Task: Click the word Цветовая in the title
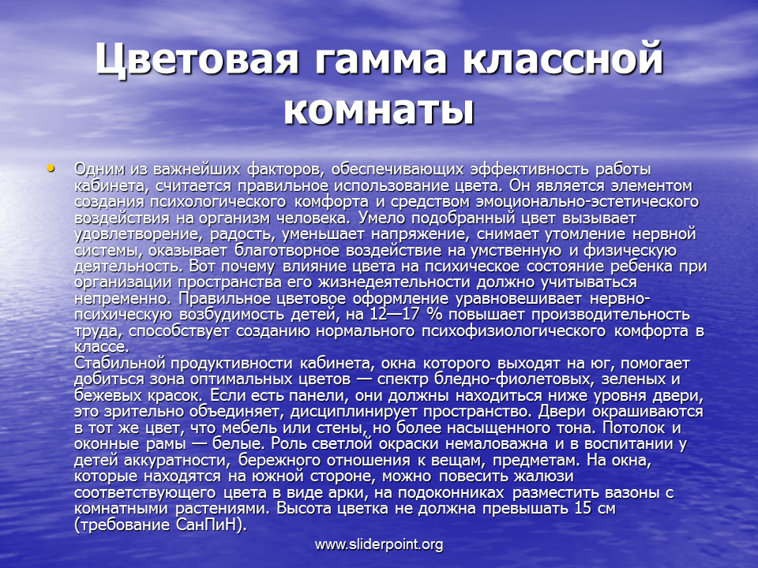[197, 59]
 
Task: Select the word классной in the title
[563, 59]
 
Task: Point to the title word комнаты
[379, 111]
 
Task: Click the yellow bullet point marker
[51, 168]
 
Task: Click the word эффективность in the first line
[529, 170]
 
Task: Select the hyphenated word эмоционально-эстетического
[587, 202]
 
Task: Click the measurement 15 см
[595, 509]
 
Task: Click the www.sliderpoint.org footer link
[379, 545]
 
